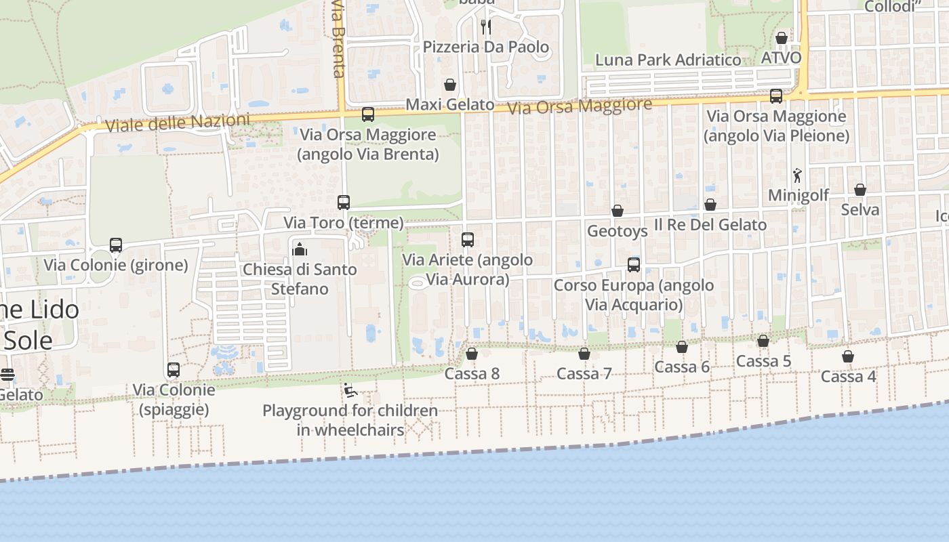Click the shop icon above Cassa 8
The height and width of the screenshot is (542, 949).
[472, 354]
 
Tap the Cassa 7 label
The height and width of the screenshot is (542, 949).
[584, 373]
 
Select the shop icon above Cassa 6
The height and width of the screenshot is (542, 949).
[682, 347]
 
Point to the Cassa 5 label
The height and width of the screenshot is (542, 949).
[763, 361]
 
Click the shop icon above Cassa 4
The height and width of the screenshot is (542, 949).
[848, 356]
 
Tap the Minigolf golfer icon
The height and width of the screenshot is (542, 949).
[797, 175]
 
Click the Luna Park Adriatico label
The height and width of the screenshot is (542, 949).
[668, 60]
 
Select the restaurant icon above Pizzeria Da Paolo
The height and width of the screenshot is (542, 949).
[485, 27]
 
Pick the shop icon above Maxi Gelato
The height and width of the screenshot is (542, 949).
[449, 85]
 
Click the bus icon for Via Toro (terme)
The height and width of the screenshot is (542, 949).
[344, 202]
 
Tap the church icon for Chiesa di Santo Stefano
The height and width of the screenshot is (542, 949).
[300, 249]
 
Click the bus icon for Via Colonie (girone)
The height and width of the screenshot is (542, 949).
[116, 245]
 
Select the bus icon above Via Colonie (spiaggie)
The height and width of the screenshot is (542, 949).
[174, 370]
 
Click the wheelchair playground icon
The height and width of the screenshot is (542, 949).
[350, 390]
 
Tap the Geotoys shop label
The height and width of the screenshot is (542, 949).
[617, 231]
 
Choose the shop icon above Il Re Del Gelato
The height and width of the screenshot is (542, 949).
[710, 205]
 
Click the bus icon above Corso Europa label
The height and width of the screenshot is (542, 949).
[634, 265]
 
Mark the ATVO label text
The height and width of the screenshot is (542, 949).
[781, 58]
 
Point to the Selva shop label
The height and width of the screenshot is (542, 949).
[860, 209]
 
